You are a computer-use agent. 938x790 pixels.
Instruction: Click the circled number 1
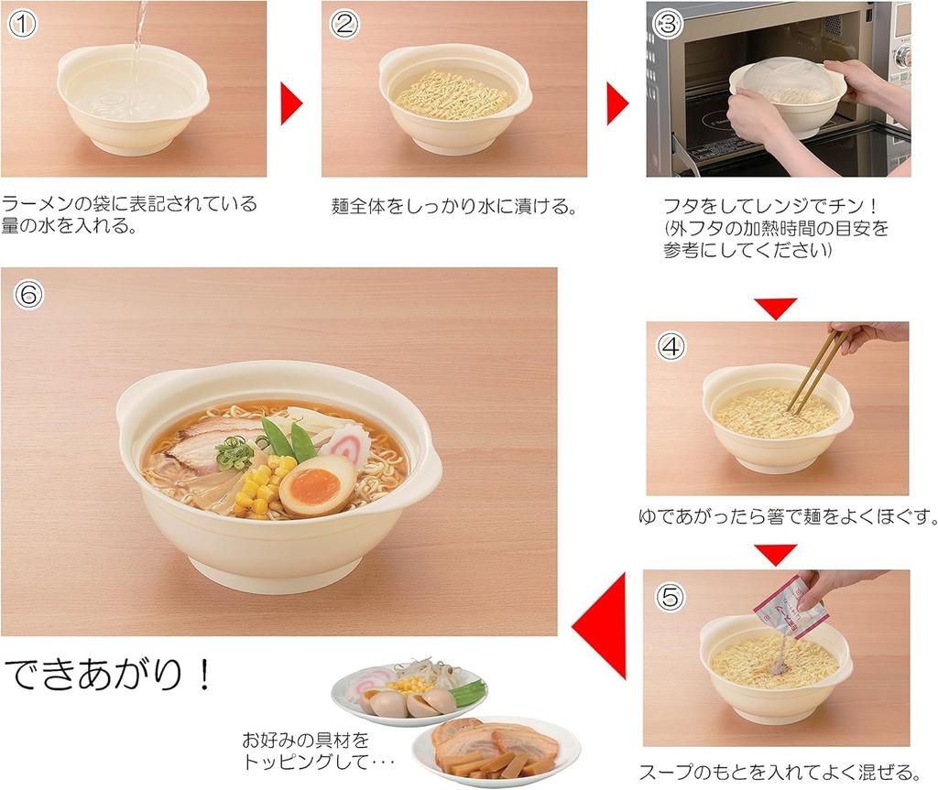pos(22,24)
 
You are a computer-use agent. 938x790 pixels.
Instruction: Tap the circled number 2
pos(344,24)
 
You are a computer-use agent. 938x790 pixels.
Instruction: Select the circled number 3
pos(668,24)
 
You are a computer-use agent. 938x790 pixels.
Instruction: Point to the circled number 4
pos(671,345)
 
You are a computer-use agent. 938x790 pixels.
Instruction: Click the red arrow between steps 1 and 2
pos(290,103)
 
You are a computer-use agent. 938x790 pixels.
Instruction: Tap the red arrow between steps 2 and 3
pos(616,103)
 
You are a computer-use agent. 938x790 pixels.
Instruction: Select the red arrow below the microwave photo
pos(776,308)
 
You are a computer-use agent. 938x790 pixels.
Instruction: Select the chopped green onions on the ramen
pos(235,451)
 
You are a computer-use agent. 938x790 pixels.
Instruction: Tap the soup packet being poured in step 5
pos(787,603)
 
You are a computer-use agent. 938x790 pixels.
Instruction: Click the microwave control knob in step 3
pos(903,56)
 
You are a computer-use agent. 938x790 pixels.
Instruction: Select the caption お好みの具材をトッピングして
pos(307,750)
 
